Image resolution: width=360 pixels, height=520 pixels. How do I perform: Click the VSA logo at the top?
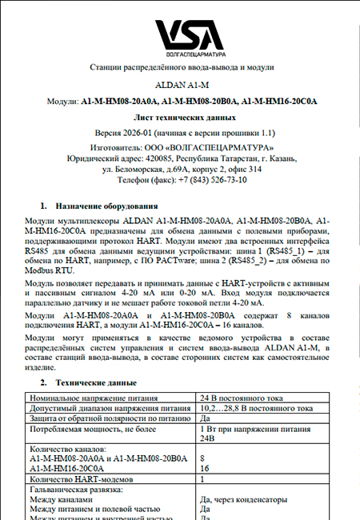pos(179,30)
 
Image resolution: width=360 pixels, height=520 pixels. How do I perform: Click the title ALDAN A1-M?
pos(179,83)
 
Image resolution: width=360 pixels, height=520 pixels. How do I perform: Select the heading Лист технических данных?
pos(179,117)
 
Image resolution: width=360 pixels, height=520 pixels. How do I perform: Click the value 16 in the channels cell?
pos(203,468)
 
